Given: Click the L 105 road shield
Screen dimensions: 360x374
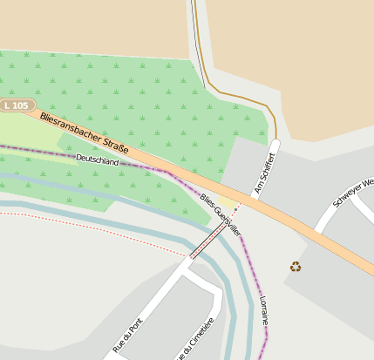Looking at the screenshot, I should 16,105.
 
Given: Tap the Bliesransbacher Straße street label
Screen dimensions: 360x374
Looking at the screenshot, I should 85,133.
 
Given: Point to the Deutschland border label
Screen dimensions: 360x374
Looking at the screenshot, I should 97,160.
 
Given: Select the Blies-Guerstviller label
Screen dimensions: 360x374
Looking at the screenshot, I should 221,214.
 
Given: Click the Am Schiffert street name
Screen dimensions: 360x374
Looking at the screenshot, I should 264,173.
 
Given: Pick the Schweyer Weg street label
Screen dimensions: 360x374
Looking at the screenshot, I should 354,193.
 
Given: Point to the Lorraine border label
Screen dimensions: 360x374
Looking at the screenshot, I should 264,315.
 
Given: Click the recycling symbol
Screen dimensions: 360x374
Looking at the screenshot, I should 296,267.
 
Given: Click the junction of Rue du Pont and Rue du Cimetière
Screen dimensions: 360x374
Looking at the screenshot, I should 185,267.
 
